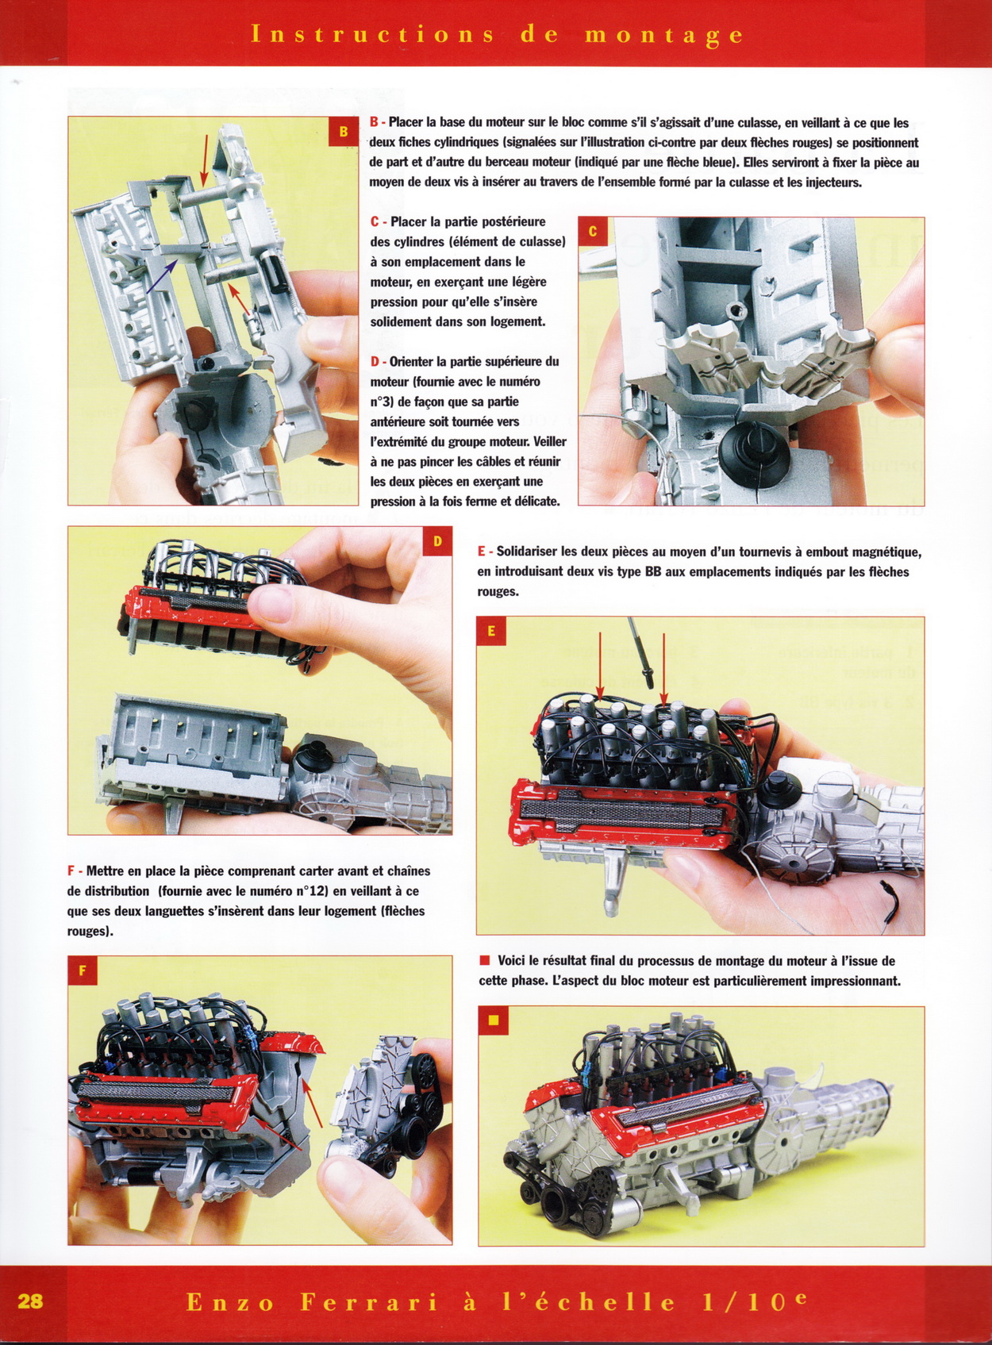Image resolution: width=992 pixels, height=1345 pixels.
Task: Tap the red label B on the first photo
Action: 344,132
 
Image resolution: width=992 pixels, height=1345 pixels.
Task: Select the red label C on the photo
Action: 594,232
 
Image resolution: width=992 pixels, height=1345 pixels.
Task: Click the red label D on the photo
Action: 437,542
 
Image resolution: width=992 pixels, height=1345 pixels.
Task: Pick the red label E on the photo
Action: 491,632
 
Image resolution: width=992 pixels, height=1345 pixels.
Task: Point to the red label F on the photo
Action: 83,970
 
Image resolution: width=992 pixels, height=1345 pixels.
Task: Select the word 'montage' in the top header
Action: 664,36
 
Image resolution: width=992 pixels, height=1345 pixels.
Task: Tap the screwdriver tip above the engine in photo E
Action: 649,683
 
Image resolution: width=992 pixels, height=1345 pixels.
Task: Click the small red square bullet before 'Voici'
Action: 484,961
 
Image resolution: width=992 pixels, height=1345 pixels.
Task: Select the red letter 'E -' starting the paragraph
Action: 485,551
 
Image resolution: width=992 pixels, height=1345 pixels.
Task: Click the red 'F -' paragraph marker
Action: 75,870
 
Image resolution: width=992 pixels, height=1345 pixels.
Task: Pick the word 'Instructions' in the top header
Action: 371,34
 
